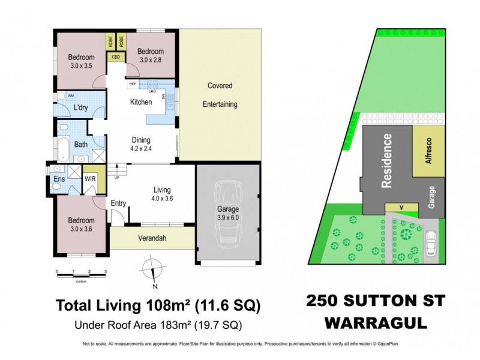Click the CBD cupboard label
(x=116, y=58)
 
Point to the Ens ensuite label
(x=59, y=179)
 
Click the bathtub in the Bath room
(x=64, y=144)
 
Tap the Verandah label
(x=152, y=239)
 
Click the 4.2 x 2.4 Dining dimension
(x=141, y=149)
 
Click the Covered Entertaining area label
(x=220, y=95)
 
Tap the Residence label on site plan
(x=388, y=161)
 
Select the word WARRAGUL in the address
(x=377, y=323)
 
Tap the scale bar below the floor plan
(x=81, y=272)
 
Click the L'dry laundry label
(x=81, y=108)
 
